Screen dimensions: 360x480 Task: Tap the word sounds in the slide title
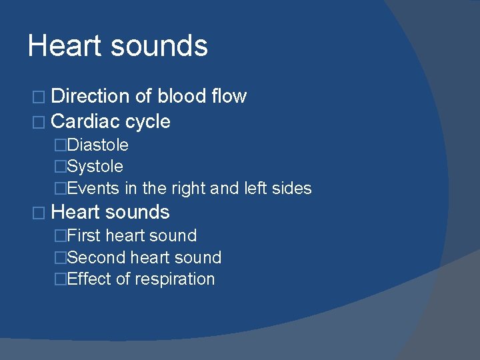click(x=159, y=46)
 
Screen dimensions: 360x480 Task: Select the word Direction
click(x=91, y=97)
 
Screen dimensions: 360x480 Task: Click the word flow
click(x=228, y=97)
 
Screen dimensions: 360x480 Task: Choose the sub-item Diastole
click(x=98, y=145)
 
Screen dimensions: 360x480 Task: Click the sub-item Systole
click(x=95, y=167)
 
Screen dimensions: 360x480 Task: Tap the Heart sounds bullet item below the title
click(x=110, y=212)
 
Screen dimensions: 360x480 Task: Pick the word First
click(x=84, y=235)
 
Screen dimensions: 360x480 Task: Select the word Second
click(x=94, y=257)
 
